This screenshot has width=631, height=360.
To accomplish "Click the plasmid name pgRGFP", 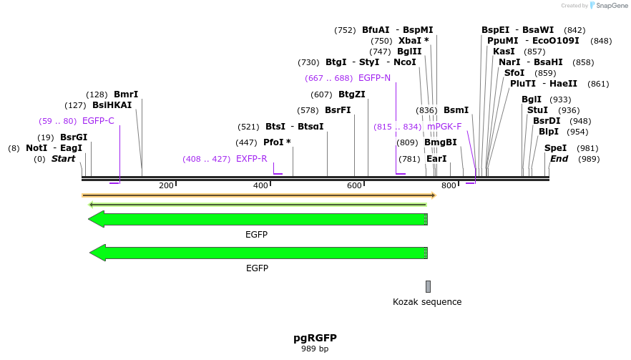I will coord(315,338).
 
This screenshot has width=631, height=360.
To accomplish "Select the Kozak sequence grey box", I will coord(428,286).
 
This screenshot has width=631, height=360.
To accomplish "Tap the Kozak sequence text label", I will coord(427,302).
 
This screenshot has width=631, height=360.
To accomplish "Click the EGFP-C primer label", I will coord(98,121).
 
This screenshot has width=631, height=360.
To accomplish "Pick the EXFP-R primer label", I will coord(251,159).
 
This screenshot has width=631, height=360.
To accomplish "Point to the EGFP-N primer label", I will coord(374,78).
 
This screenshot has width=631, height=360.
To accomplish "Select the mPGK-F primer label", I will coord(444,127).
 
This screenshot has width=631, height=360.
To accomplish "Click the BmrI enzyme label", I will coord(126,94).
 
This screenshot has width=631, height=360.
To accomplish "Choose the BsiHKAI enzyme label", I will coord(112,105).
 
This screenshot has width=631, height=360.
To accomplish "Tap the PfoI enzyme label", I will coord(277,142).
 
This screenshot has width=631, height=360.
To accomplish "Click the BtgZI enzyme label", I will coord(352,94).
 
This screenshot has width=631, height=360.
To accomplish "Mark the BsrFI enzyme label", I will coord(338,110).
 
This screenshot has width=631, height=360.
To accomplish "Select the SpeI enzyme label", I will coord(555,148).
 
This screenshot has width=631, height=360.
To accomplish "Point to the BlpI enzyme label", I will coord(548,132).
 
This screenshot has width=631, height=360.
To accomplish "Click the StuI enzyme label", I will coord(537,110).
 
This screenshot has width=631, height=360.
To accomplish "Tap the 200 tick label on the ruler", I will coord(167,186).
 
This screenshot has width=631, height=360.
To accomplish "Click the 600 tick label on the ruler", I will coord(355,186).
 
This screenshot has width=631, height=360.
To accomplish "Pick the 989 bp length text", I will coord(315,349).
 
